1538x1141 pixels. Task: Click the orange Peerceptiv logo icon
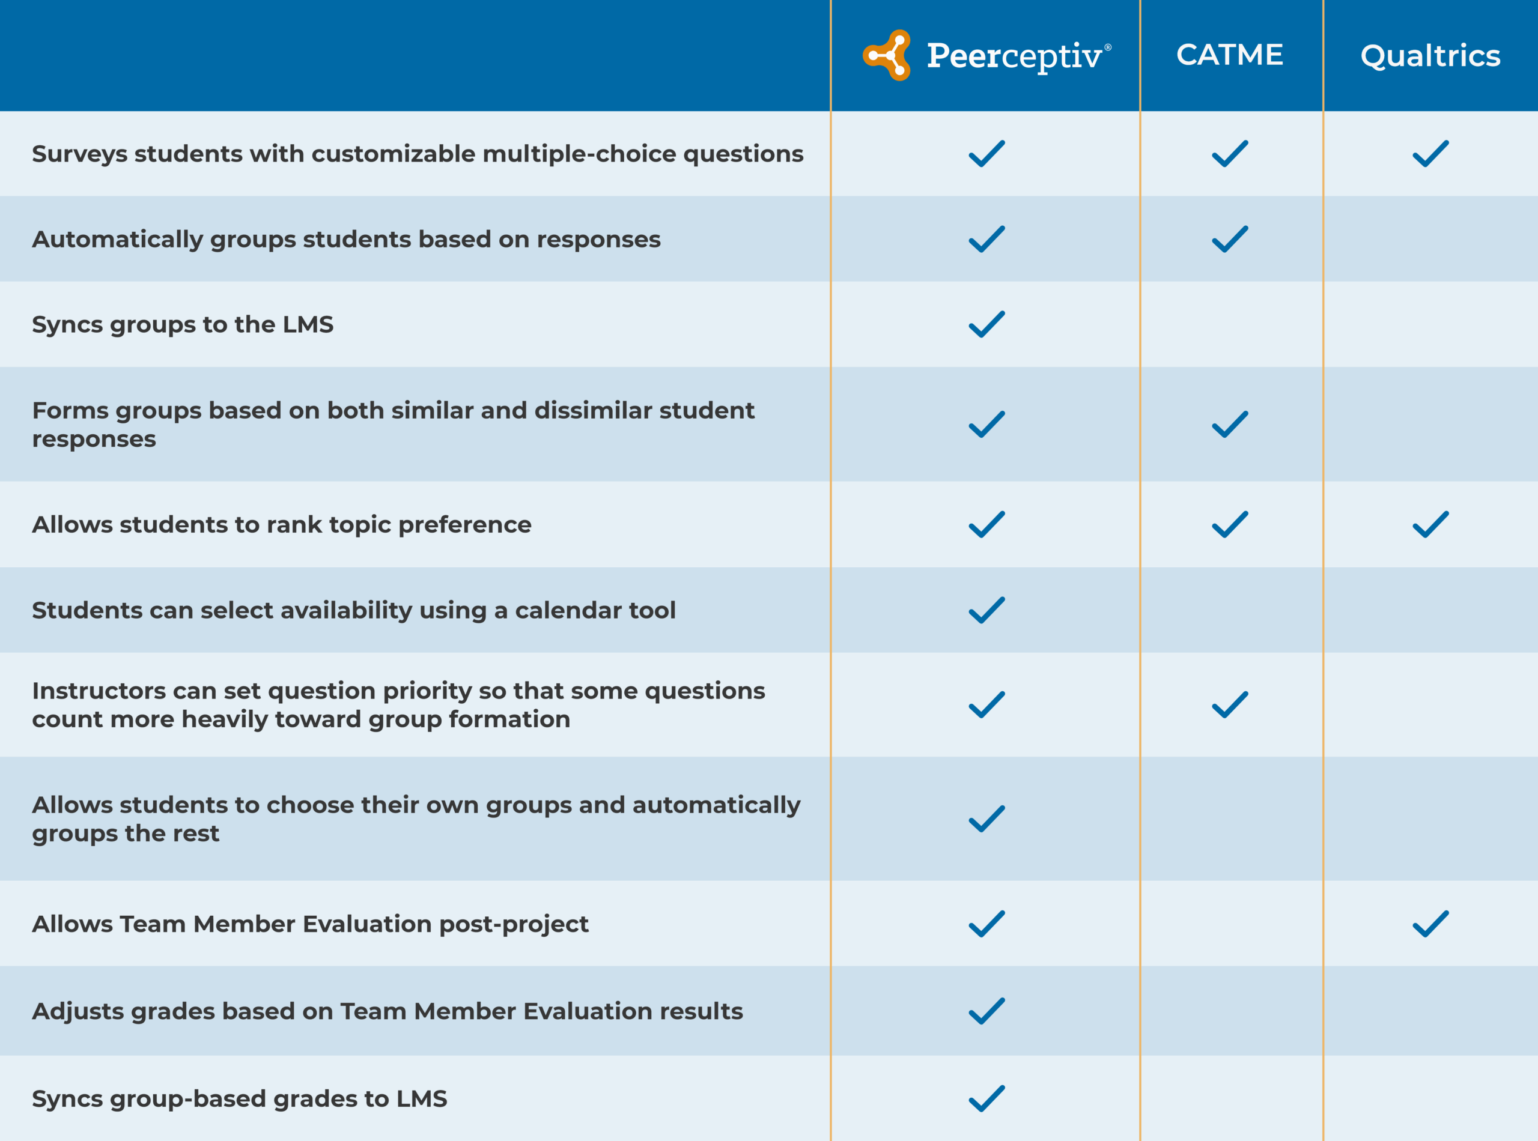[x=887, y=55]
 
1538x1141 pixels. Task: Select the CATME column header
[x=1230, y=55]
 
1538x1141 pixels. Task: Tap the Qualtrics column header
[x=1430, y=56]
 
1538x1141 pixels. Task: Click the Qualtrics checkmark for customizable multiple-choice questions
[x=1430, y=153]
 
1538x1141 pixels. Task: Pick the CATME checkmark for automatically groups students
[x=1230, y=239]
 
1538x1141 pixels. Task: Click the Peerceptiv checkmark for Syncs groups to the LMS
[x=986, y=324]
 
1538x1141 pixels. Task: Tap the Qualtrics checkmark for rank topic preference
[x=1430, y=524]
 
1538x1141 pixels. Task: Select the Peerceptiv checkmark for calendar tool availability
[x=986, y=610]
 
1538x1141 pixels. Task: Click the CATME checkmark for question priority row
[x=1230, y=704]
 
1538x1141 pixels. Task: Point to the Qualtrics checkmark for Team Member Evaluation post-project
[x=1430, y=924]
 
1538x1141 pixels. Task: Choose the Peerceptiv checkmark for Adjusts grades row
[x=986, y=1011]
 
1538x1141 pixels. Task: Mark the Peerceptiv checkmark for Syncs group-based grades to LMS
[x=986, y=1098]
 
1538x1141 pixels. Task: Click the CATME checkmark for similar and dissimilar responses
[x=1230, y=424]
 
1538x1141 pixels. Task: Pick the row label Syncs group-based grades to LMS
[x=239, y=1099]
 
